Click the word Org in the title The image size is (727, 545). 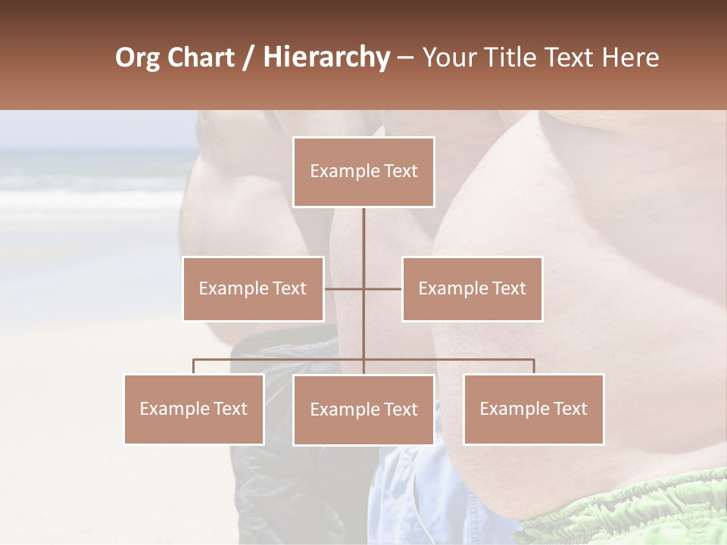coord(139,58)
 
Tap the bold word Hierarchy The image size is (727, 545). coord(326,58)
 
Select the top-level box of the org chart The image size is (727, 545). coord(363,172)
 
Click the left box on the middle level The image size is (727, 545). coord(253,288)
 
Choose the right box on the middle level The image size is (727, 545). coord(472,288)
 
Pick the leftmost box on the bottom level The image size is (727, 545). coord(194,409)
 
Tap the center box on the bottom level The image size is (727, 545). coord(363,410)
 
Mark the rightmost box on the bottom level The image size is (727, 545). coord(533,409)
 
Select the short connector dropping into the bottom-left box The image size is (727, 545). coord(194,366)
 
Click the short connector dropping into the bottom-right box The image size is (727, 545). coord(534,366)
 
